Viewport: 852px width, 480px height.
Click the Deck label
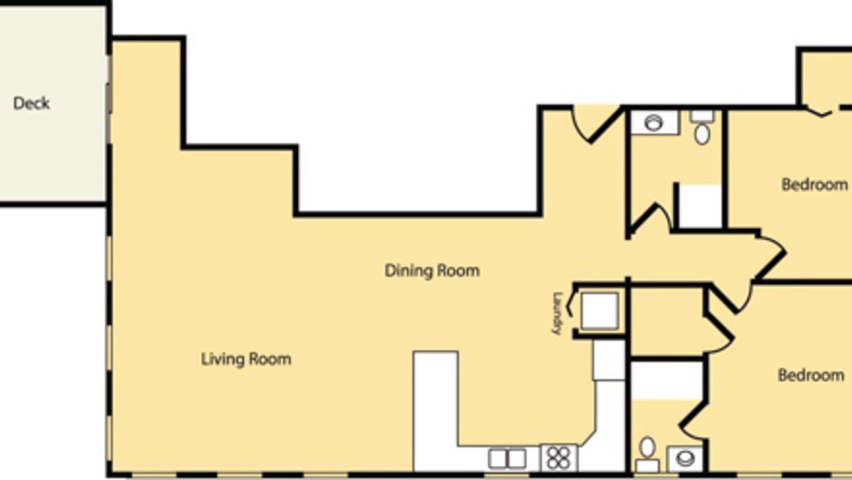click(x=31, y=103)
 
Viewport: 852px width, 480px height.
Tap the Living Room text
click(x=246, y=359)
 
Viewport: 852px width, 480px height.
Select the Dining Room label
click(x=432, y=271)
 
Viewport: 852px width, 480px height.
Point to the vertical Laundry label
click(x=558, y=313)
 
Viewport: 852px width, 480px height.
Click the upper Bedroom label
click(x=815, y=185)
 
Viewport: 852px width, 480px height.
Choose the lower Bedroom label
click(x=811, y=375)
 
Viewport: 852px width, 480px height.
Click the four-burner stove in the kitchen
click(x=558, y=458)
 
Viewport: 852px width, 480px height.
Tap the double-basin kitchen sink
click(x=507, y=459)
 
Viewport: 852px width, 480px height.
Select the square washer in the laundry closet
click(x=600, y=311)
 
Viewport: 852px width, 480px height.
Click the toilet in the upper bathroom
click(x=702, y=127)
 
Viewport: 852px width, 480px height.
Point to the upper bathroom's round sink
click(x=654, y=123)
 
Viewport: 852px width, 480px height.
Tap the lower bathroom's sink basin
click(x=686, y=459)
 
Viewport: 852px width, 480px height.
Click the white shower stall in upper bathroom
click(x=700, y=206)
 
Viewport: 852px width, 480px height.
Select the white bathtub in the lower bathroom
click(x=667, y=381)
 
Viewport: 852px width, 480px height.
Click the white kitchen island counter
click(x=436, y=411)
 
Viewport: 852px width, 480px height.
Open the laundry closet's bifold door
click(x=572, y=303)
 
